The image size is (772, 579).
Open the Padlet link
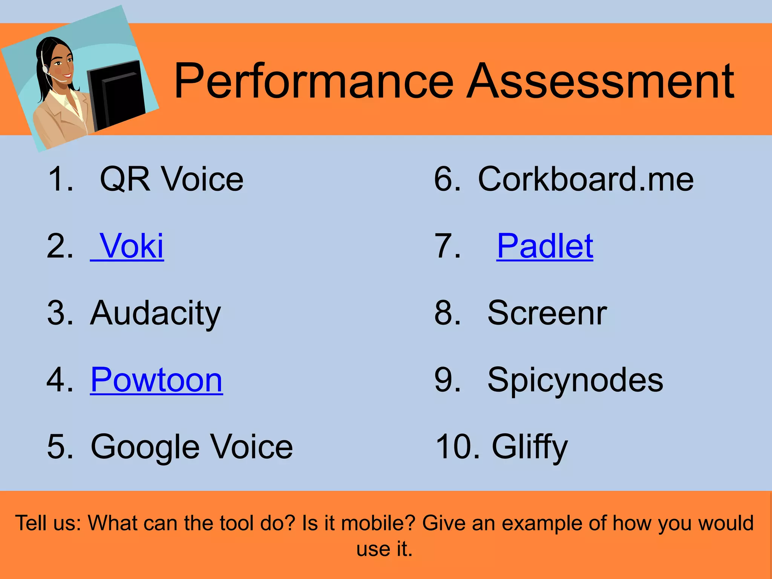click(545, 246)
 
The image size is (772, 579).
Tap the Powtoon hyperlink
click(156, 380)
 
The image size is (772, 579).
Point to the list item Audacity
click(155, 314)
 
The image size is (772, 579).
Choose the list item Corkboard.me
click(585, 179)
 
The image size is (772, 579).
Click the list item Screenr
click(547, 313)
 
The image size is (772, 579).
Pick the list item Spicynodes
click(575, 380)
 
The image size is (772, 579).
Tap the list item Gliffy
click(529, 447)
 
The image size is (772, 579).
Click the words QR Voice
click(172, 179)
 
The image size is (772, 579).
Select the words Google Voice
click(191, 447)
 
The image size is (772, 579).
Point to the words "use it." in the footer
click(384, 549)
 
